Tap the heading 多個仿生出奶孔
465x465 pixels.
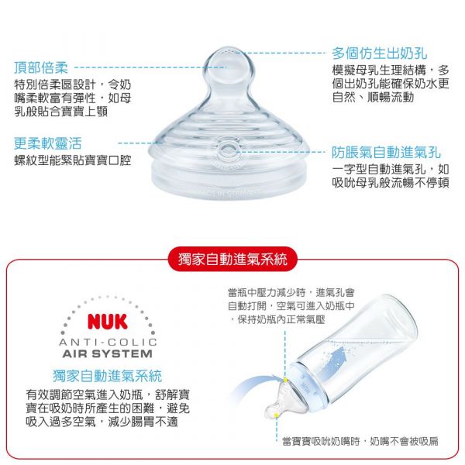point(379,53)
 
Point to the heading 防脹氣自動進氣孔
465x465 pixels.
point(386,152)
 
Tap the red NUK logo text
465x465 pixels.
point(108,321)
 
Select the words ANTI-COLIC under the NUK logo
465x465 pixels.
point(108,342)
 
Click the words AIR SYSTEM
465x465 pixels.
point(108,353)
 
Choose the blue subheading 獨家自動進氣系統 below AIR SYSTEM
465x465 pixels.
point(108,376)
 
